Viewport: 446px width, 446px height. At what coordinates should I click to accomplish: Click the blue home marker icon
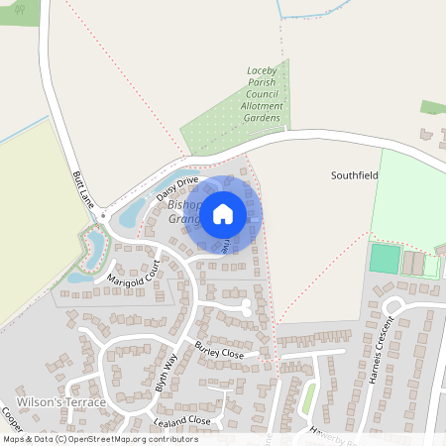(x=223, y=213)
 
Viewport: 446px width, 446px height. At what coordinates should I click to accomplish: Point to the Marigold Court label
(x=134, y=269)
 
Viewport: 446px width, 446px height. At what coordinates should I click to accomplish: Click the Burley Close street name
(x=218, y=352)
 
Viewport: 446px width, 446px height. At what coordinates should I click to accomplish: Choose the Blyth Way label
(x=167, y=373)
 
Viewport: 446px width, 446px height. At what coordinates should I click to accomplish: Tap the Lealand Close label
(x=182, y=421)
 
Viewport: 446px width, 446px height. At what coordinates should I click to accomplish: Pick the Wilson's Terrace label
(x=61, y=402)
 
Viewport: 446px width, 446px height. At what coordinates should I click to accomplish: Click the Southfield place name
(x=356, y=174)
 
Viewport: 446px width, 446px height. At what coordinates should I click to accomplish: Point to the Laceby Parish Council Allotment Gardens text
(x=264, y=95)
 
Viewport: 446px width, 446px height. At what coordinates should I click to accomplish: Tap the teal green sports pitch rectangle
(x=383, y=260)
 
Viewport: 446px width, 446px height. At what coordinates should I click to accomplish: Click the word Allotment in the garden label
(x=264, y=105)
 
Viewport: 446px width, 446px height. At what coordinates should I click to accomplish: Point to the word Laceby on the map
(x=264, y=72)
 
